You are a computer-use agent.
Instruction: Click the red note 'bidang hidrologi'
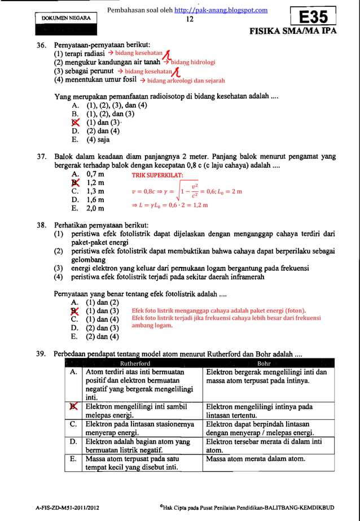[194, 63]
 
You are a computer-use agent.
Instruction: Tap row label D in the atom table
[74, 442]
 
